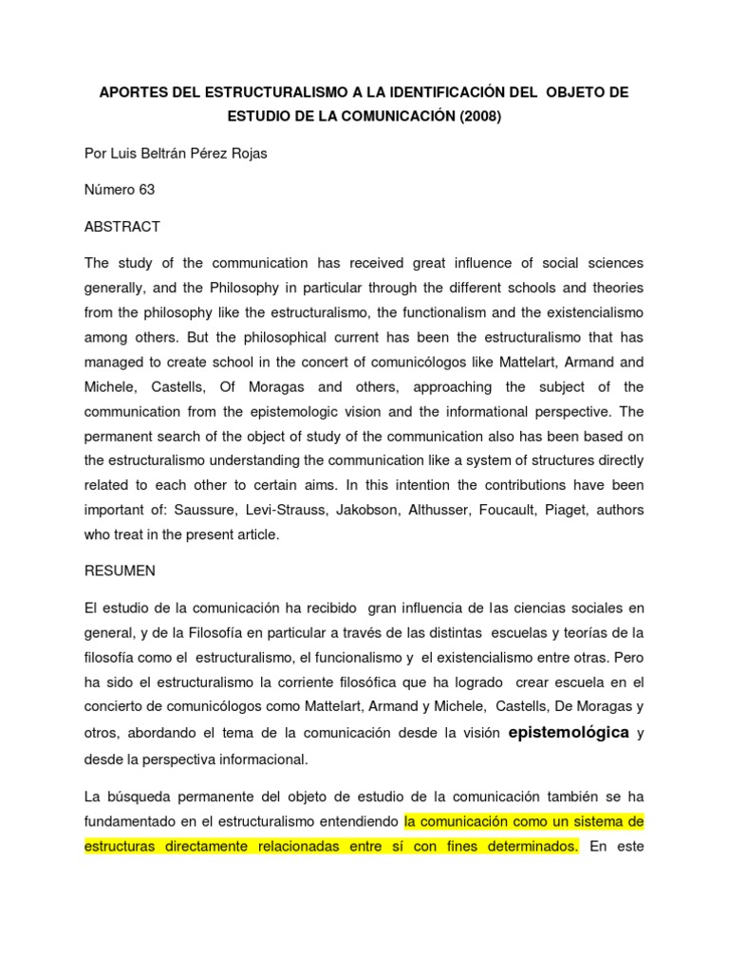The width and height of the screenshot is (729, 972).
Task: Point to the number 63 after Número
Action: [x=145, y=190]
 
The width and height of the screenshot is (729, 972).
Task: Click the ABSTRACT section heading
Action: [x=122, y=227]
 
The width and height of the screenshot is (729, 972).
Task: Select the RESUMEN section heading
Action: [x=121, y=571]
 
